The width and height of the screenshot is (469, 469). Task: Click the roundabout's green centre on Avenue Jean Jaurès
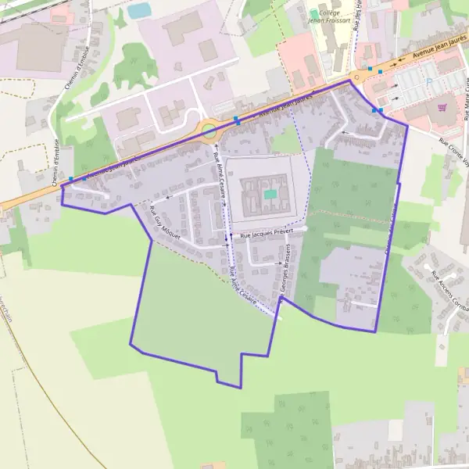coord(209,131)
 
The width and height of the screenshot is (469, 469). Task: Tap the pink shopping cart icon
coord(442,107)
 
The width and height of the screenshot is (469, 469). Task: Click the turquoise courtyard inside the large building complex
coord(270,194)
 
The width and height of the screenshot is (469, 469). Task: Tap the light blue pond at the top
coord(139,11)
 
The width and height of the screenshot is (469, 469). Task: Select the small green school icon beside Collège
coord(314,13)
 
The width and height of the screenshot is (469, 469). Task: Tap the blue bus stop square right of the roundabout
coord(237,120)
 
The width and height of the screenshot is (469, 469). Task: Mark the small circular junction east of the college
coord(360,77)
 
